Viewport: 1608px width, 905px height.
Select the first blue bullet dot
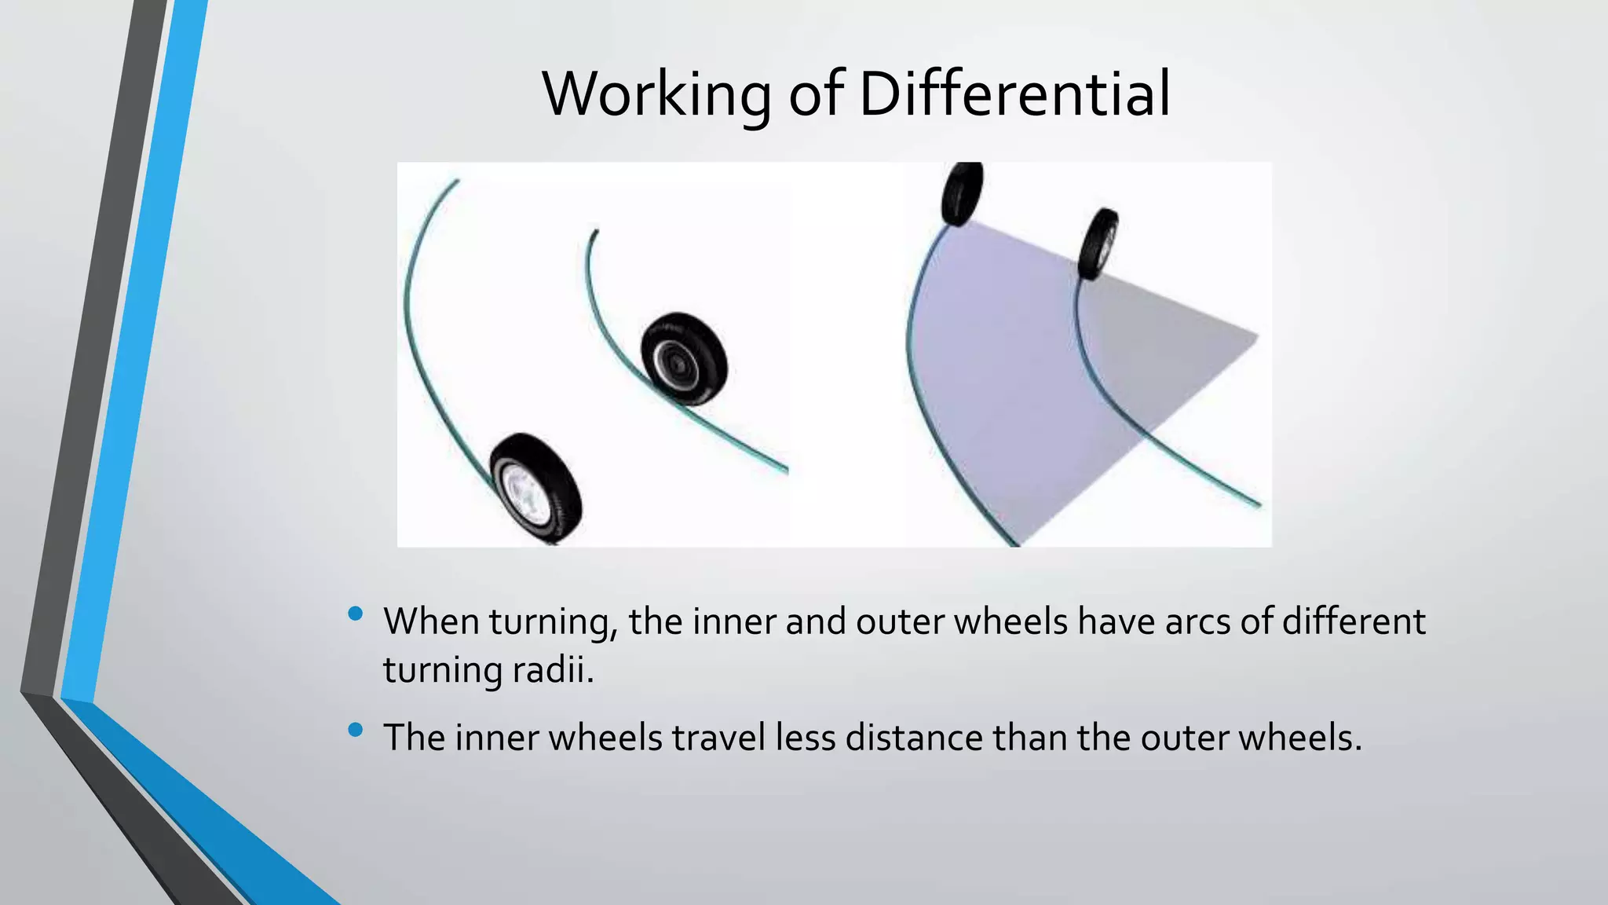[355, 614]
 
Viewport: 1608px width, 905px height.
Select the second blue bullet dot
[355, 730]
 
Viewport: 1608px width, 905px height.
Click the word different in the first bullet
[1354, 621]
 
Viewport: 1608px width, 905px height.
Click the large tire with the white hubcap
[536, 488]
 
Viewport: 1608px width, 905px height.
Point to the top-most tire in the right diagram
[963, 193]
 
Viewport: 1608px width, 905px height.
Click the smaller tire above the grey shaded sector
[1098, 244]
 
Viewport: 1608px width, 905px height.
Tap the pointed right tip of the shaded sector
[1255, 338]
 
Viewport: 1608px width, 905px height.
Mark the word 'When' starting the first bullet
[431, 621]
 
